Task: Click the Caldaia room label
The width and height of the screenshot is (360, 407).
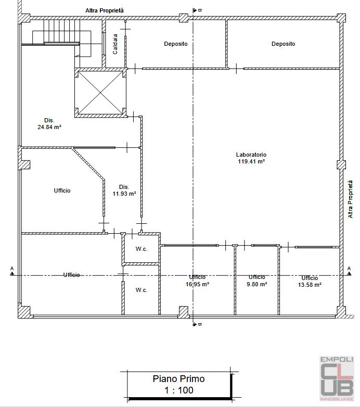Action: pyautogui.click(x=115, y=44)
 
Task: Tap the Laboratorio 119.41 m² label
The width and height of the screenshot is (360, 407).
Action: pyautogui.click(x=251, y=158)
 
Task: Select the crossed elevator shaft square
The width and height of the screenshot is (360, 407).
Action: pyautogui.click(x=100, y=93)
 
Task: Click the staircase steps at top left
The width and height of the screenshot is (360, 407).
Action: pyautogui.click(x=61, y=31)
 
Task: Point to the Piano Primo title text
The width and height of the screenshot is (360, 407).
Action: pyautogui.click(x=179, y=379)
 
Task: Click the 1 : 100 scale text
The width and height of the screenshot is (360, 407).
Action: pyautogui.click(x=179, y=390)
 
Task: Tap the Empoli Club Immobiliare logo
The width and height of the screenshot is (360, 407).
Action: pyautogui.click(x=337, y=378)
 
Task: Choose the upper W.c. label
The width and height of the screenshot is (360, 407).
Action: pyautogui.click(x=142, y=249)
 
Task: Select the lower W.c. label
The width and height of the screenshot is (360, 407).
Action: pyautogui.click(x=142, y=290)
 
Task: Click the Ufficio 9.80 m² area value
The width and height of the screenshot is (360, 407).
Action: pyautogui.click(x=257, y=284)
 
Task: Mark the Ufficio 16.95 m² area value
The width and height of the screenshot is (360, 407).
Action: pyautogui.click(x=197, y=284)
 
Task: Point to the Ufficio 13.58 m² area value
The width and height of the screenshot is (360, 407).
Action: pyautogui.click(x=310, y=285)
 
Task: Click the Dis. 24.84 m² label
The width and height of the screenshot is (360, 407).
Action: pyautogui.click(x=49, y=123)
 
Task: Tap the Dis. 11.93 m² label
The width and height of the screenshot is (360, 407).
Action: pyautogui.click(x=124, y=190)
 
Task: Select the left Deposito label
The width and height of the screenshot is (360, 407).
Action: pyautogui.click(x=176, y=44)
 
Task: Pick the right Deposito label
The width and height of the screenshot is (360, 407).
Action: pyautogui.click(x=283, y=44)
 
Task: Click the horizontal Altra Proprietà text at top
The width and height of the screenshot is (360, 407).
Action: pyautogui.click(x=105, y=10)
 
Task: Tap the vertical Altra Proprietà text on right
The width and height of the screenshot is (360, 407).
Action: pyautogui.click(x=351, y=199)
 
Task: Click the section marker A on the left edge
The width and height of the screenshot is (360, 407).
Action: pyautogui.click(x=12, y=271)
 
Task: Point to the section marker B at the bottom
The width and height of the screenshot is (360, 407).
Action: pyautogui.click(x=197, y=324)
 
